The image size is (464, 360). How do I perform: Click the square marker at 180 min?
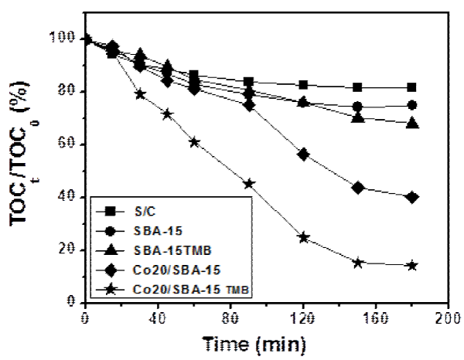412,87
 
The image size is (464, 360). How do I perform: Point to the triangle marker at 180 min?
412,124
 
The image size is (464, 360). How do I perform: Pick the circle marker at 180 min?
412,105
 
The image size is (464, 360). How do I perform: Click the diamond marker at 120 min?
303,155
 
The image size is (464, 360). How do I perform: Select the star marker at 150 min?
358,263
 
